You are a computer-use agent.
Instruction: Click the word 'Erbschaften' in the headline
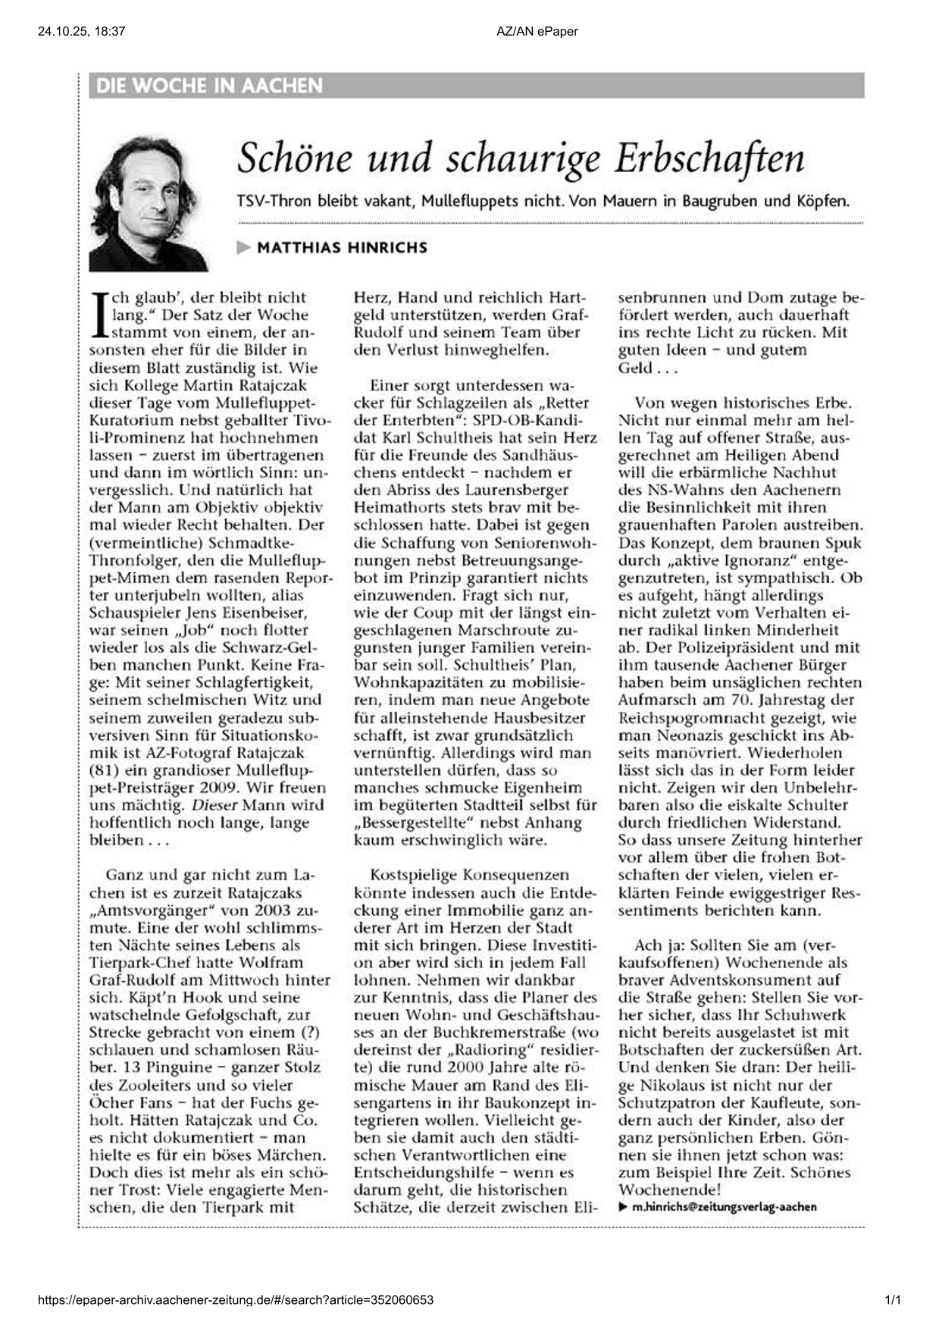point(709,158)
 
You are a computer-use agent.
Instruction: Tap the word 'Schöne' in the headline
point(296,158)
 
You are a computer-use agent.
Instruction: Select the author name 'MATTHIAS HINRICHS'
point(342,247)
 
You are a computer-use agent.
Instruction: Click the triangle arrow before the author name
point(243,247)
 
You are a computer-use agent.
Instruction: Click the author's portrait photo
point(149,203)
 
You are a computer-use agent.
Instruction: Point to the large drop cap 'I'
point(97,315)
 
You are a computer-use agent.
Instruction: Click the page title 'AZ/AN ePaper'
point(537,31)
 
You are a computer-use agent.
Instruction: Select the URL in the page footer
point(236,1300)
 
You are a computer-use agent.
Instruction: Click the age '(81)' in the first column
point(103,770)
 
